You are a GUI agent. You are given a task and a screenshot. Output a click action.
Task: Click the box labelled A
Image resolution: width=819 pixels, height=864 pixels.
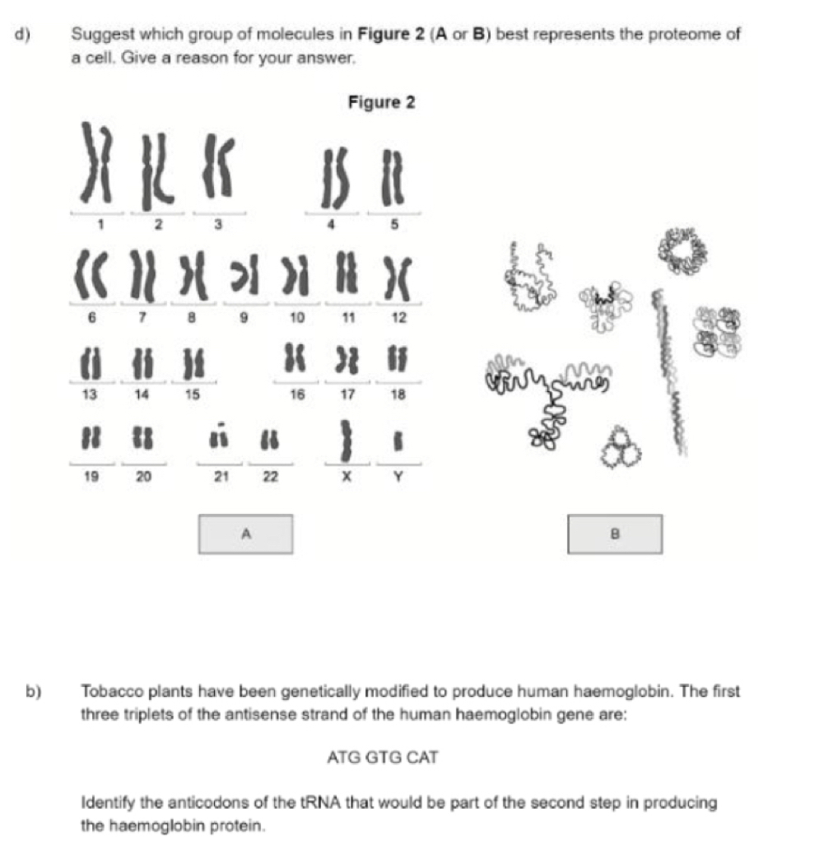(244, 534)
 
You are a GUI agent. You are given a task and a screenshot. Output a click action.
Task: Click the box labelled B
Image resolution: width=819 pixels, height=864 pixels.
(615, 534)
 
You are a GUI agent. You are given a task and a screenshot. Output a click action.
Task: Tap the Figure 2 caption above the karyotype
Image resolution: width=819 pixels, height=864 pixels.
(381, 103)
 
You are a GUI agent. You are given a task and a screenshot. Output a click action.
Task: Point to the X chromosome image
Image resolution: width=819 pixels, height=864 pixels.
(347, 439)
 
